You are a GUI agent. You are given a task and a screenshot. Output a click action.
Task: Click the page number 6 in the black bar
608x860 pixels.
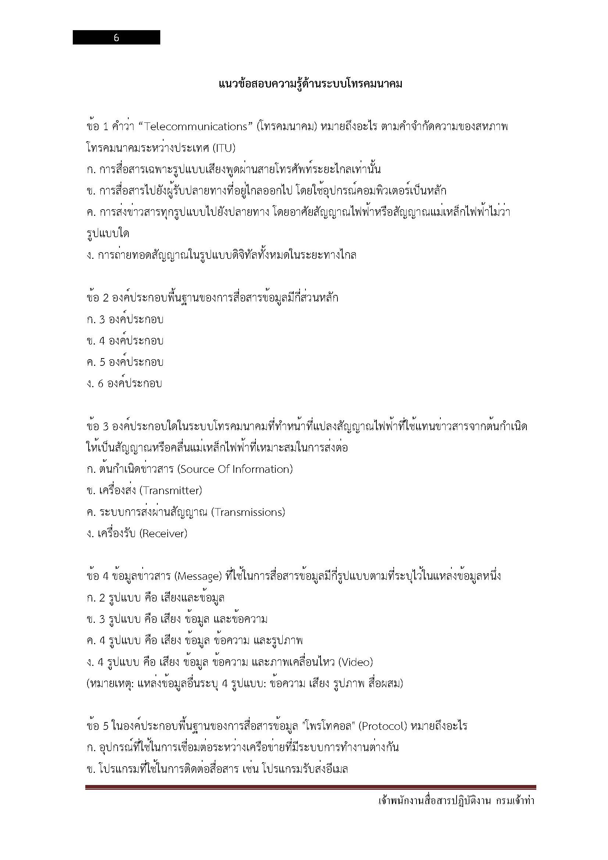pyautogui.click(x=116, y=38)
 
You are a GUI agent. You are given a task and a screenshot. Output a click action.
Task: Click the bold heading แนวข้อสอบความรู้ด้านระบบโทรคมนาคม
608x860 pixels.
pyautogui.click(x=310, y=84)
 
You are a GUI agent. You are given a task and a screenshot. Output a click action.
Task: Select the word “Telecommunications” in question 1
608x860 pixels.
pyautogui.click(x=195, y=127)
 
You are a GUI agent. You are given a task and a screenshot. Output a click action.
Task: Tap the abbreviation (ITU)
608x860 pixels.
pyautogui.click(x=224, y=148)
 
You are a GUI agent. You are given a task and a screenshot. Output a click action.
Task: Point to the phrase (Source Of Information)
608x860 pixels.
pyautogui.click(x=235, y=469)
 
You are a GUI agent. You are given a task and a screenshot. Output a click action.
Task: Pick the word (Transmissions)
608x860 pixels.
pyautogui.click(x=248, y=512)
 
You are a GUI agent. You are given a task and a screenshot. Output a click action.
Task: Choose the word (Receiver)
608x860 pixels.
pyautogui.click(x=163, y=534)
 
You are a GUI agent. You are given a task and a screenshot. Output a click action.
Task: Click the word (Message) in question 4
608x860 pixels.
pyautogui.click(x=199, y=577)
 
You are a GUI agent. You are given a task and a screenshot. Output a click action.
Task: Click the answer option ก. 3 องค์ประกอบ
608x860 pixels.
pyautogui.click(x=125, y=320)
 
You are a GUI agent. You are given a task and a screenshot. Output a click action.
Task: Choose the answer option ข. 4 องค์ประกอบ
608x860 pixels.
pyautogui.click(x=125, y=341)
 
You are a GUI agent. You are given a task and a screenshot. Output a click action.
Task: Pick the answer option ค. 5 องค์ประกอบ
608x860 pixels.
pyautogui.click(x=125, y=362)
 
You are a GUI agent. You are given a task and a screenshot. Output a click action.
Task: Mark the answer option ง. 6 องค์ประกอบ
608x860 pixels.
pyautogui.click(x=124, y=383)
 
